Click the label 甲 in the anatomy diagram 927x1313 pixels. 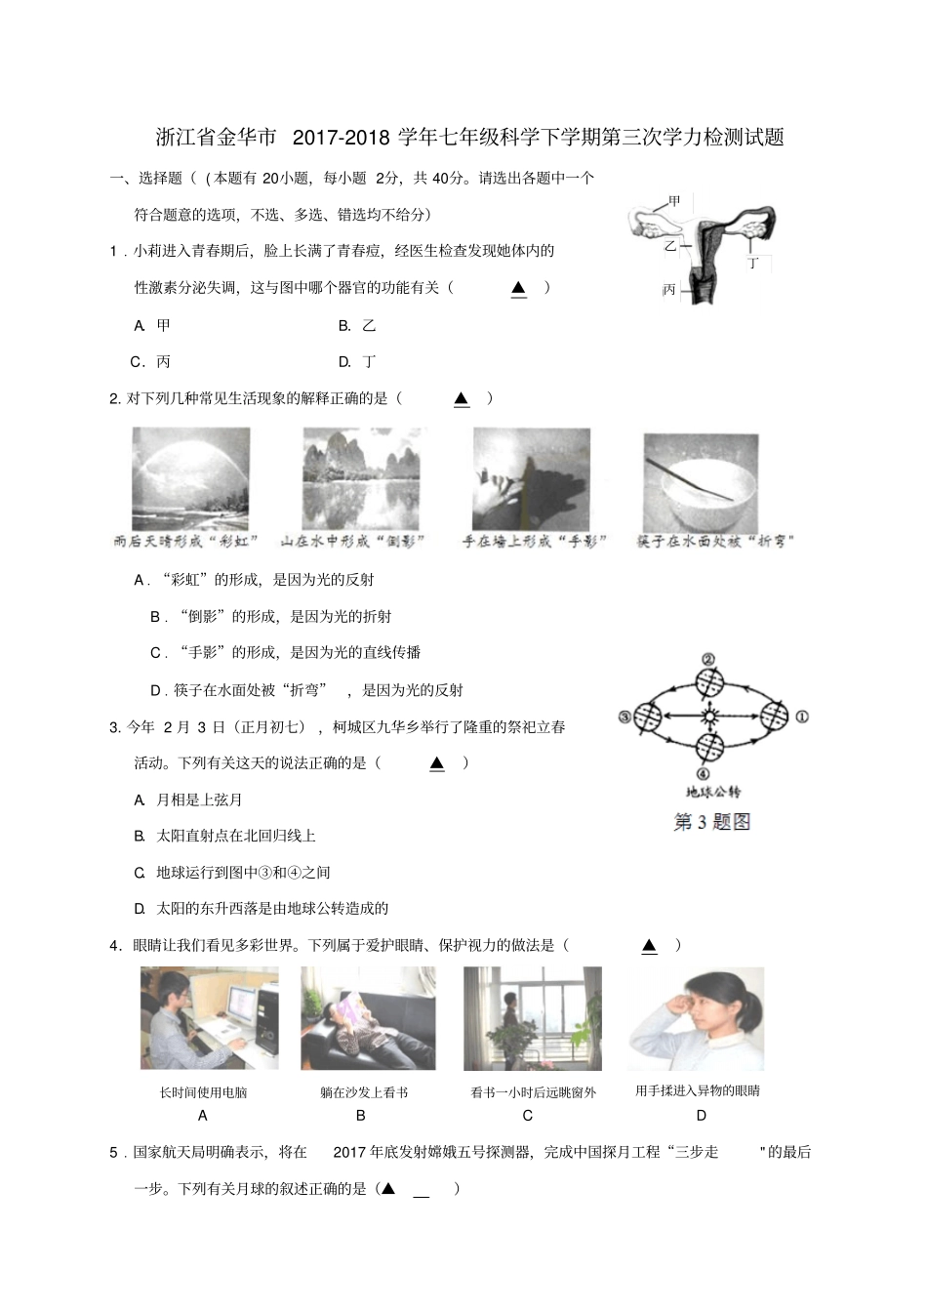tap(674, 202)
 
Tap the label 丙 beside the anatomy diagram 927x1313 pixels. tap(668, 289)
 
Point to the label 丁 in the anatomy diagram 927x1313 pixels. tap(752, 264)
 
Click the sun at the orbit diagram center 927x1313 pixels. tap(710, 718)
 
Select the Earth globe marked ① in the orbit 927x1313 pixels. tap(774, 717)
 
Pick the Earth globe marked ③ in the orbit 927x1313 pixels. tap(647, 718)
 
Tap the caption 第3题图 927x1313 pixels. tap(711, 822)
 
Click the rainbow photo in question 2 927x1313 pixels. tap(190, 478)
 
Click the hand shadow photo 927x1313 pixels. tap(531, 478)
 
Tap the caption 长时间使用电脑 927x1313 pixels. tap(203, 1092)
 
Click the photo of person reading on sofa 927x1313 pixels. tap(368, 1018)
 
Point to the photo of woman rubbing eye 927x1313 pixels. tap(695, 1018)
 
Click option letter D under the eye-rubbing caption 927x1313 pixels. tap(701, 1115)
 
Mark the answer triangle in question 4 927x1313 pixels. tap(649, 945)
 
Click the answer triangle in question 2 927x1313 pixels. tap(462, 398)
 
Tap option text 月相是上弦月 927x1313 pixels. tap(199, 800)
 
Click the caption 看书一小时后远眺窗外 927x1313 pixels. tap(533, 1092)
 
